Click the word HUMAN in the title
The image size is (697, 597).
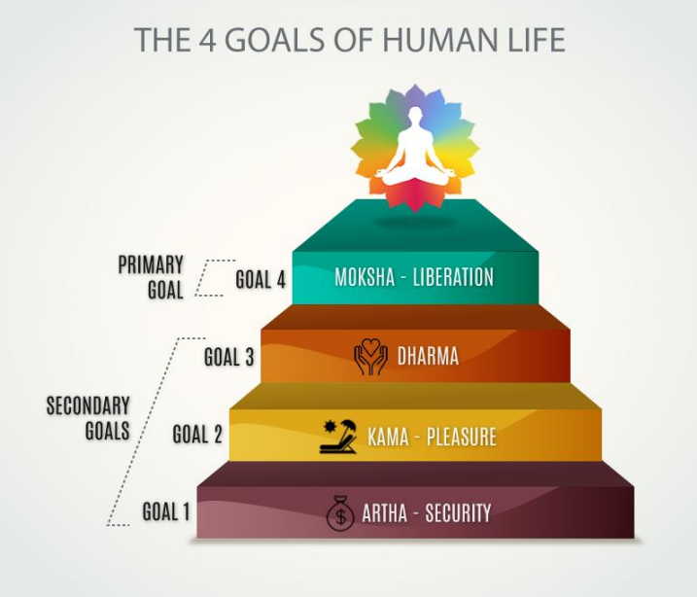[436, 40]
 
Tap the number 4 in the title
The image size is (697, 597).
[209, 40]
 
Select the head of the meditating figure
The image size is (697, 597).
[415, 115]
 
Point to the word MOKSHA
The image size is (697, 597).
[365, 277]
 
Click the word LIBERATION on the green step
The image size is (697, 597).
[453, 277]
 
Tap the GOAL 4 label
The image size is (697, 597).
[261, 280]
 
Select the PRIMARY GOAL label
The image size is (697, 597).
[151, 277]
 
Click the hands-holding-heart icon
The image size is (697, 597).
[370, 357]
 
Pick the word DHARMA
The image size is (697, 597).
[428, 356]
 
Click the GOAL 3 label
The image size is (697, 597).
[228, 357]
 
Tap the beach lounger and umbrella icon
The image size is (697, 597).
[338, 436]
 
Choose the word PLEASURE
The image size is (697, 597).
[462, 437]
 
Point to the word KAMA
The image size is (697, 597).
[388, 437]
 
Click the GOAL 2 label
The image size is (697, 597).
[197, 434]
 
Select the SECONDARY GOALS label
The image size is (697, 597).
[88, 418]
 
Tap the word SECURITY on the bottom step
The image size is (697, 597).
[458, 512]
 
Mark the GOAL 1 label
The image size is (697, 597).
[166, 511]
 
